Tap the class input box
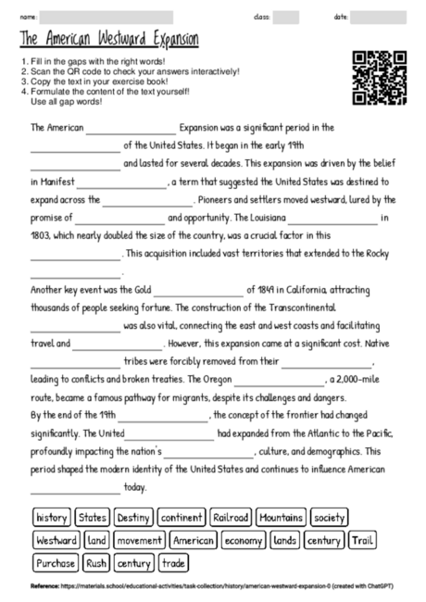[286, 17]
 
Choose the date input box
[378, 17]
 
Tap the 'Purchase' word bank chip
[56, 562]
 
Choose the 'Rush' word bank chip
[97, 562]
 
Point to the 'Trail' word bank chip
[363, 540]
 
